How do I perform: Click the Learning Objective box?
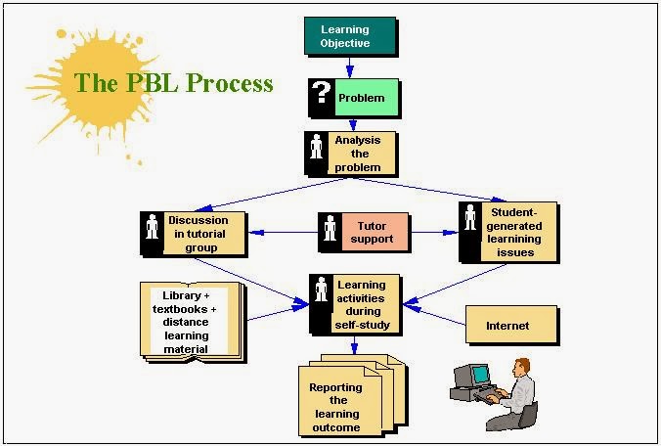coord(350,36)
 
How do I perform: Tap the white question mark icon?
coord(322,92)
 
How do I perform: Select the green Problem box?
coord(367,98)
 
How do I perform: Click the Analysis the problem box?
coord(351,154)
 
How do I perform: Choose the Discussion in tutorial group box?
coord(194,234)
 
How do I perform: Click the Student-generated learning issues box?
coord(508,232)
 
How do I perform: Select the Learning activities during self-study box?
coord(355,304)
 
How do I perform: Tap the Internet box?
coord(511,325)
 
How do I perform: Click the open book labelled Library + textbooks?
coord(193,322)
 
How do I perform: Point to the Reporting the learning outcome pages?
coord(352,395)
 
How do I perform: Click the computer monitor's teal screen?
coord(480,374)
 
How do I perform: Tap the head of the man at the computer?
coord(521,367)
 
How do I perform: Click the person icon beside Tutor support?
coord(330,228)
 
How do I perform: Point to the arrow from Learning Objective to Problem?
coord(349,67)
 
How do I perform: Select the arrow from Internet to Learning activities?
coord(434,315)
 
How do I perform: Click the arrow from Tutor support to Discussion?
coord(283,232)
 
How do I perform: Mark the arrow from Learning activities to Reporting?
coord(354,345)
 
